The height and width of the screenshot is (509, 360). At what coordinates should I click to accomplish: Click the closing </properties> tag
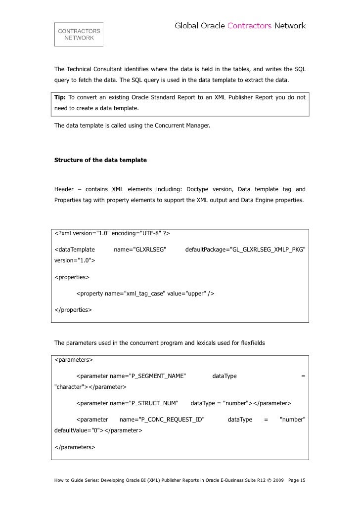pos(73,310)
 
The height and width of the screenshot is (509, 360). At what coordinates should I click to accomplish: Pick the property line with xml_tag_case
pos(145,294)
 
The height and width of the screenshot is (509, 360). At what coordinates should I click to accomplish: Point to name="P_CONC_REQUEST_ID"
pos(162,420)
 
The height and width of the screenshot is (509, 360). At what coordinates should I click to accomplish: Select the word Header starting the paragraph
pos(64,189)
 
